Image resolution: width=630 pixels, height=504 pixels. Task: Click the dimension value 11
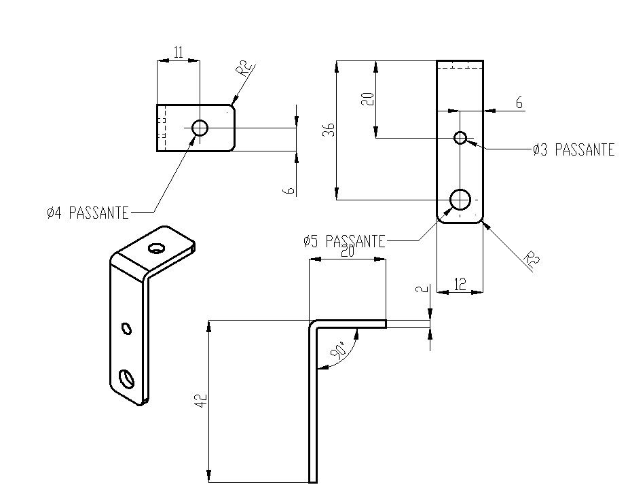[x=178, y=53]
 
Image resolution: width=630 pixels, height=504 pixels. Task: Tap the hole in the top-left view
[x=200, y=128]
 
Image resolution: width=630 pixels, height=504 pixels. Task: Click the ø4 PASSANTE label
[x=88, y=213]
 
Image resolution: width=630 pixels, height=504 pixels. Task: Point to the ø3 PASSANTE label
[x=574, y=150]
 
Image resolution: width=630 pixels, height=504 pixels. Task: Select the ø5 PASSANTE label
[x=344, y=241]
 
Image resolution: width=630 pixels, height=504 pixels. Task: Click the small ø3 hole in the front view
[x=460, y=138]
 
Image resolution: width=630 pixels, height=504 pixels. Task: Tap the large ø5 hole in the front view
[x=461, y=200]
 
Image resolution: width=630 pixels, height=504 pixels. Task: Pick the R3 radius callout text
[x=532, y=260]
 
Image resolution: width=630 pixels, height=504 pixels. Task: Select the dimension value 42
[x=200, y=401]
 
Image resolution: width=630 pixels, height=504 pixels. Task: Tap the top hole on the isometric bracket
[x=157, y=248]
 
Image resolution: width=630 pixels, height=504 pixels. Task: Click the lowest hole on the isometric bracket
[x=126, y=377]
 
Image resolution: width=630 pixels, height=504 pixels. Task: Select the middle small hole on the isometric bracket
[x=126, y=329]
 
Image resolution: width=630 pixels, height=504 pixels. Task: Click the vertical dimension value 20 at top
[x=367, y=98]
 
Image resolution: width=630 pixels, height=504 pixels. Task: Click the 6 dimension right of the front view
[x=519, y=103]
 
